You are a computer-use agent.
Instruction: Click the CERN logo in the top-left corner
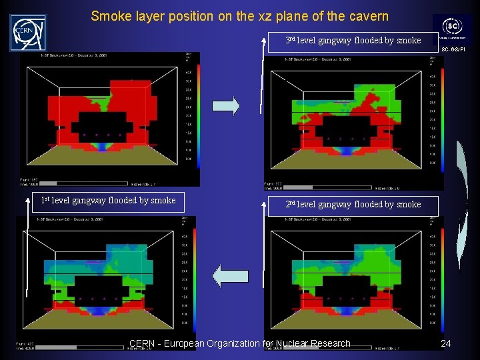28,33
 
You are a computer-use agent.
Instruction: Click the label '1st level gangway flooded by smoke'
108,201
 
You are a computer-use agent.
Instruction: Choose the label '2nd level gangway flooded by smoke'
353,205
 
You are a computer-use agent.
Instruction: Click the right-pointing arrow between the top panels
226,106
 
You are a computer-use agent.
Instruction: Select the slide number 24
446,343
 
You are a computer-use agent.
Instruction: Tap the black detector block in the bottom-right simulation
346,288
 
